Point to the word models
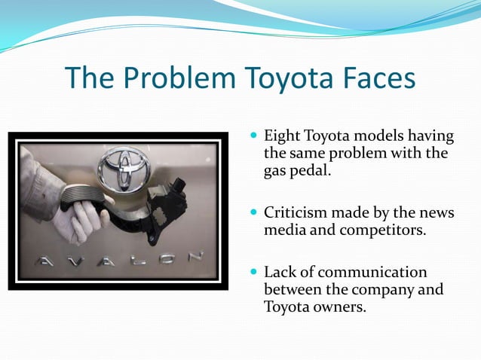375,136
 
